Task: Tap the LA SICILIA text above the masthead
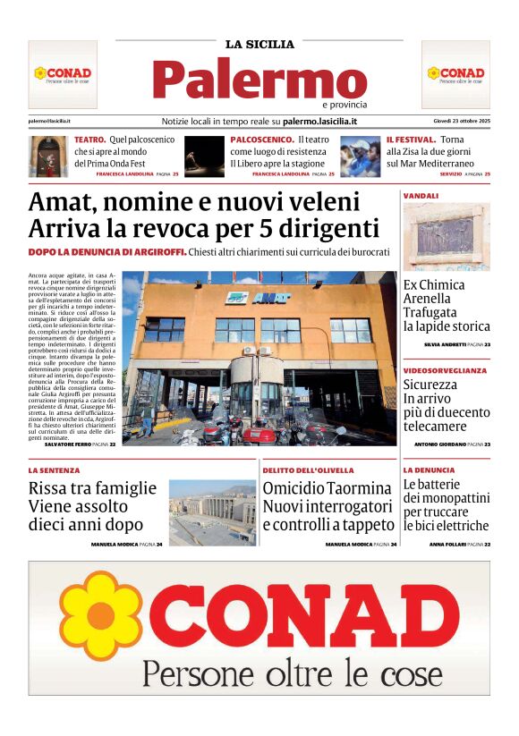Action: pyautogui.click(x=259, y=44)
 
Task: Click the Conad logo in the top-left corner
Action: pyautogui.click(x=63, y=73)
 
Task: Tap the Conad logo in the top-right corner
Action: pyautogui.click(x=455, y=73)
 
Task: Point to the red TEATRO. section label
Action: pyautogui.click(x=90, y=140)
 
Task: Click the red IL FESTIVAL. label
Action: pyautogui.click(x=411, y=140)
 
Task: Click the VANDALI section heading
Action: pyautogui.click(x=421, y=195)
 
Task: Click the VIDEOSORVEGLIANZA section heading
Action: pyautogui.click(x=445, y=369)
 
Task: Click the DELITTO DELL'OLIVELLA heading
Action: pyautogui.click(x=308, y=470)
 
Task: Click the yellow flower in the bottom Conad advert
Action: pyautogui.click(x=88, y=615)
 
